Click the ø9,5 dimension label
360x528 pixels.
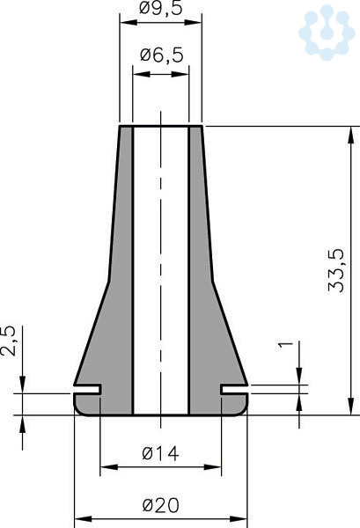(161, 7)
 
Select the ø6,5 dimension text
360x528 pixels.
(162, 55)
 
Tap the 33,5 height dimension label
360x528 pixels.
(336, 270)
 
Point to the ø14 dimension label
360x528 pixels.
(160, 453)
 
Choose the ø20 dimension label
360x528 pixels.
(161, 505)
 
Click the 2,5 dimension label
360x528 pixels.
(8, 341)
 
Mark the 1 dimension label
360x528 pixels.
(286, 345)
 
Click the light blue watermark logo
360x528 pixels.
(327, 33)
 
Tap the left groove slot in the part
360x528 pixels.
(87, 389)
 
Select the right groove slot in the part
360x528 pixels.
(234, 389)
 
